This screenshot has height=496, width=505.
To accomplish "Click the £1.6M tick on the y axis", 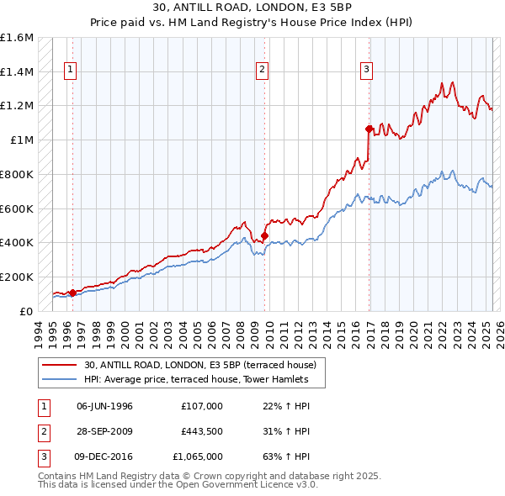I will coord(17,38).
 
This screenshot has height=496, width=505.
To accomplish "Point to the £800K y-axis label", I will coord(17,174).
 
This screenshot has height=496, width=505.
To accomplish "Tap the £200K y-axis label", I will coord(17,277).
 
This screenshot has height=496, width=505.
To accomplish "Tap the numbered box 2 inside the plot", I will coord(263,71).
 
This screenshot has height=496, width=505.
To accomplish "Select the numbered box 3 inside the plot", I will coord(367,71).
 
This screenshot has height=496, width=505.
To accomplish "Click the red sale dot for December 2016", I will coord(369,129).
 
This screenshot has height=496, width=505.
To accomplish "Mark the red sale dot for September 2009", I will coord(264,236).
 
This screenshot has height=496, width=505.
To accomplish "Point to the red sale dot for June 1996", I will coord(72,293).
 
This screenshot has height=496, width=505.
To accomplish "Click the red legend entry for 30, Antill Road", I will coord(199,365).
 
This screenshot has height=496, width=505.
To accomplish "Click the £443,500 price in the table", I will coord(202,431).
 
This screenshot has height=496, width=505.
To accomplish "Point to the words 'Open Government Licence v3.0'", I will coord(253,484).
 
